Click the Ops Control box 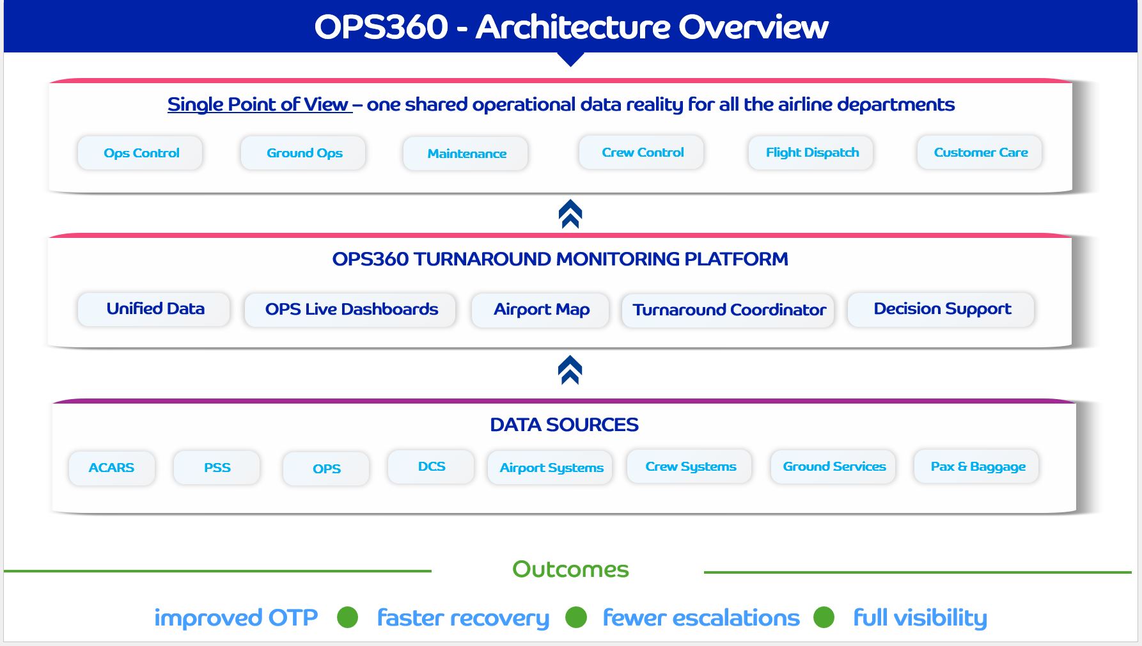click(140, 153)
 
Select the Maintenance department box click(465, 154)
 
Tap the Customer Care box click(980, 152)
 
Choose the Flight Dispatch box click(811, 152)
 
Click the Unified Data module click(154, 309)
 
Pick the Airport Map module click(541, 310)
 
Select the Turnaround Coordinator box click(728, 310)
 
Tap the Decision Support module click(941, 309)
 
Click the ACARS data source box click(112, 468)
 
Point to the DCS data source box click(432, 466)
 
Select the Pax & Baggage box click(977, 466)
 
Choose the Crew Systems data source click(690, 466)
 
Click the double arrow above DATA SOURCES click(570, 370)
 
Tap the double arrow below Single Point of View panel click(570, 214)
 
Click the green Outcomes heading click(570, 569)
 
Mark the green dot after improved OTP click(347, 617)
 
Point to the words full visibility click(919, 618)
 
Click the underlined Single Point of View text click(258, 104)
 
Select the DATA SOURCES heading click(564, 425)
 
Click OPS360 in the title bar click(381, 27)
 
